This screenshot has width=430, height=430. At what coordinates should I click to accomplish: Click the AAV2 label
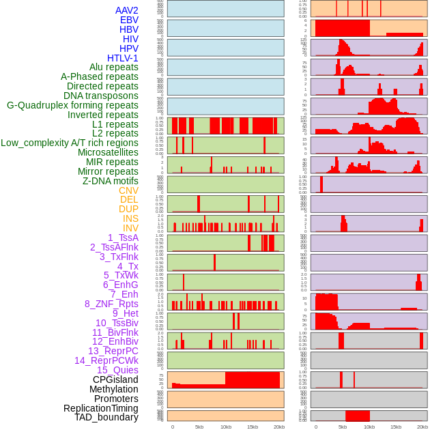(x=126, y=10)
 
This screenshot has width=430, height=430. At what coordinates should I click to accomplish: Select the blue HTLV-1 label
(x=123, y=58)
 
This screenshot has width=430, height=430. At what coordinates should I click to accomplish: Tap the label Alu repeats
(x=114, y=67)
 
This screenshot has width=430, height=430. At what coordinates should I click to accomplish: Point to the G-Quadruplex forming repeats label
(x=72, y=105)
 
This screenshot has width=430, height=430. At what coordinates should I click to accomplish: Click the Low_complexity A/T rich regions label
(x=70, y=143)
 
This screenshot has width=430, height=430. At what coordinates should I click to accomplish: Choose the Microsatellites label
(x=108, y=152)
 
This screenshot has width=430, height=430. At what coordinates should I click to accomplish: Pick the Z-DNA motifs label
(x=111, y=181)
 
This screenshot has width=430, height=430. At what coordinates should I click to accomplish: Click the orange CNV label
(x=128, y=190)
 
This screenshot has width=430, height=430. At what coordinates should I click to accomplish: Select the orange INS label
(x=130, y=218)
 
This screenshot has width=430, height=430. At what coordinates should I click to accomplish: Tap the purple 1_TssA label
(x=123, y=238)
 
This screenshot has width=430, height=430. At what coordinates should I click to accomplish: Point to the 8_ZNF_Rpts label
(x=111, y=304)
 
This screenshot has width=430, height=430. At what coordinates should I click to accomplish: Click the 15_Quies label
(x=117, y=370)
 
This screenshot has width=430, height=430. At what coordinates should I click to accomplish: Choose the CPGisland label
(x=115, y=379)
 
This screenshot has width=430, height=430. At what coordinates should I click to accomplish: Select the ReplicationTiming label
(x=101, y=408)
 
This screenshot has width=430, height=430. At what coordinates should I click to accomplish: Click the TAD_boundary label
(x=106, y=417)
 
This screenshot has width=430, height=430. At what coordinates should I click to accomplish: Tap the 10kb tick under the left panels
(x=225, y=427)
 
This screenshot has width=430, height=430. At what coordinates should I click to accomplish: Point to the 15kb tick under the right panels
(x=396, y=427)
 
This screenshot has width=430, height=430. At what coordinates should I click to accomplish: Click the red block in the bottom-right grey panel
(x=358, y=416)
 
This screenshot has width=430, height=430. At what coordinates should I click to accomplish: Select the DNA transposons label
(x=101, y=96)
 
